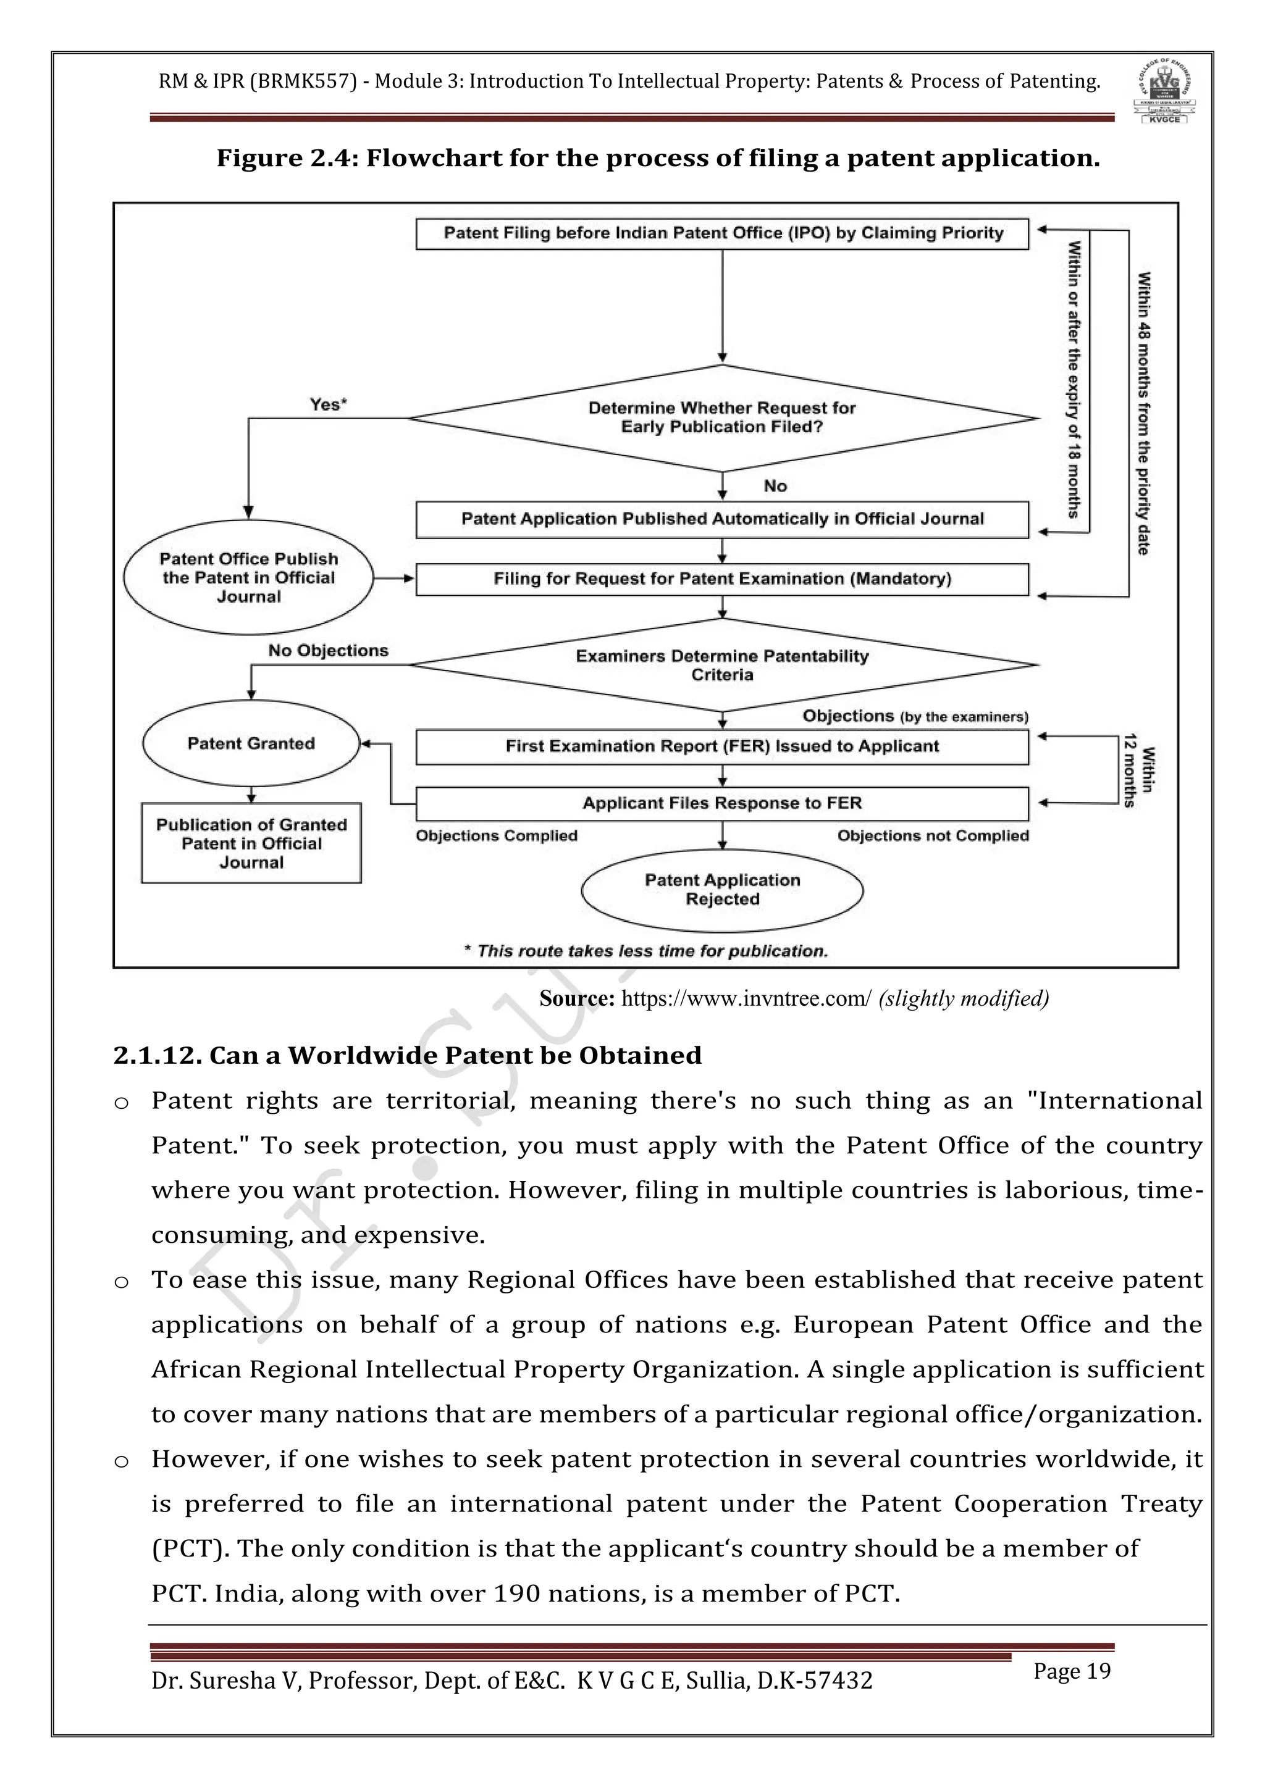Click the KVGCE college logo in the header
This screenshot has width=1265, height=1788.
coord(1164,92)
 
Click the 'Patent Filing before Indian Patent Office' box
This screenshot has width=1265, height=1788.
coord(722,233)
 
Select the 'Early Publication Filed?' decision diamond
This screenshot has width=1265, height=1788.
coord(722,418)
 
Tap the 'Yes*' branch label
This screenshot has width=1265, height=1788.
coord(328,404)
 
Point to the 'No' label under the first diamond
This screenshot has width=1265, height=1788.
coord(775,486)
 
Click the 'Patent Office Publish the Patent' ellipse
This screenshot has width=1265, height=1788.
coord(248,578)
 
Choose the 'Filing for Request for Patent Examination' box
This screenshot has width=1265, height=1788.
coord(722,579)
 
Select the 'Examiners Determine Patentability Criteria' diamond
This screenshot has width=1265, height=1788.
coord(722,665)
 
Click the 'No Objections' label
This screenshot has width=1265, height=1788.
coord(328,650)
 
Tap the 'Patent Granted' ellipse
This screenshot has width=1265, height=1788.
coord(251,743)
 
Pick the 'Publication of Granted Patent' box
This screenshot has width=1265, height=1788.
coord(251,843)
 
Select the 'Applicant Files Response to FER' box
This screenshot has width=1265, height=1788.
coord(722,803)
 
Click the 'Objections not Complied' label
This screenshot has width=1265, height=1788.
coord(933,835)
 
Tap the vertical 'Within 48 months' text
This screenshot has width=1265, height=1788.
coord(1143,413)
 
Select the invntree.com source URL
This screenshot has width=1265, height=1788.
coord(746,999)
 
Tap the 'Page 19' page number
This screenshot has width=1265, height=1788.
coord(1072,1671)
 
